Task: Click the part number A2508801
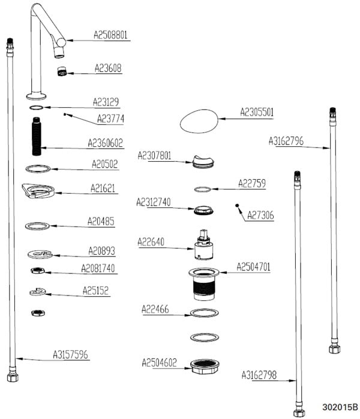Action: (110, 35)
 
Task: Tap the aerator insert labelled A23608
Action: (62, 71)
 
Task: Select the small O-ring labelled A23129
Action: (37, 107)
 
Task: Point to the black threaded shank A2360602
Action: (37, 136)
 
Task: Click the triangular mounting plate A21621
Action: (38, 191)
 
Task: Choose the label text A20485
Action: (101, 222)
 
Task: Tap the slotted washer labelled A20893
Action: (40, 254)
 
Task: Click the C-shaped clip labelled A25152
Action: (38, 291)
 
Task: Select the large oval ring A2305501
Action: (199, 121)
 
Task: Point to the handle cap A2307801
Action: (203, 161)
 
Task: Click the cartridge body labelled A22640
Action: (203, 245)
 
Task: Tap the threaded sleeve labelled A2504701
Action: (204, 284)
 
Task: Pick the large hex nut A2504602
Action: (205, 366)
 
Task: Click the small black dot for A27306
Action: (237, 206)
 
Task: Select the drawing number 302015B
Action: (340, 407)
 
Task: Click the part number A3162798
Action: (259, 375)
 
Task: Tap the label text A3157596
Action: (70, 355)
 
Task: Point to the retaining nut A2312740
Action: (203, 210)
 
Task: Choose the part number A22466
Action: (155, 309)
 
